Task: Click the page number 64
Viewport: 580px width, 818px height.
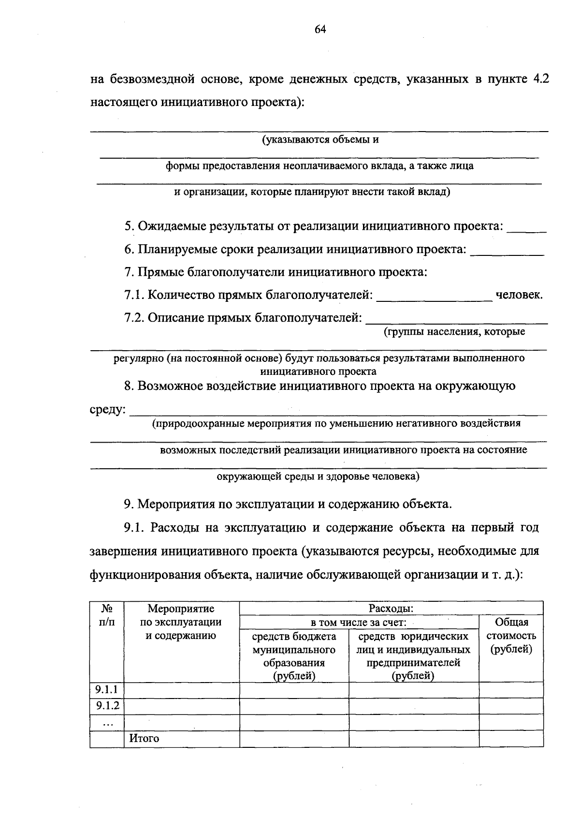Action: (x=320, y=30)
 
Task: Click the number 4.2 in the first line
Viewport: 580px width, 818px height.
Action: (x=540, y=79)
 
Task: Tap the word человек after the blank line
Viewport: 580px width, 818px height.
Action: (x=519, y=295)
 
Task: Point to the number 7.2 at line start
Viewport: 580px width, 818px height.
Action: (x=134, y=318)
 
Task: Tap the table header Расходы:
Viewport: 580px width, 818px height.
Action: (x=391, y=608)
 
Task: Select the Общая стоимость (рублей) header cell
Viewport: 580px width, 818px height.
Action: (x=511, y=636)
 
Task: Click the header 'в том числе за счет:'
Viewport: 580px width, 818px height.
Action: (x=358, y=622)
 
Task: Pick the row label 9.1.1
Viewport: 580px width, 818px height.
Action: (x=107, y=689)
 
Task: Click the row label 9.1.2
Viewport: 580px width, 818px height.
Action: (x=107, y=706)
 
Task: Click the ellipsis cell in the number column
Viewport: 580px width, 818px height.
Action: (x=107, y=722)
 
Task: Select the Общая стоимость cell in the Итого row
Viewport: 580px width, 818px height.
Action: (x=511, y=739)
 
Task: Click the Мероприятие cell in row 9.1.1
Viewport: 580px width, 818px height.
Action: (x=182, y=690)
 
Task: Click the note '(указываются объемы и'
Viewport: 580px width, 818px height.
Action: (x=320, y=140)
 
